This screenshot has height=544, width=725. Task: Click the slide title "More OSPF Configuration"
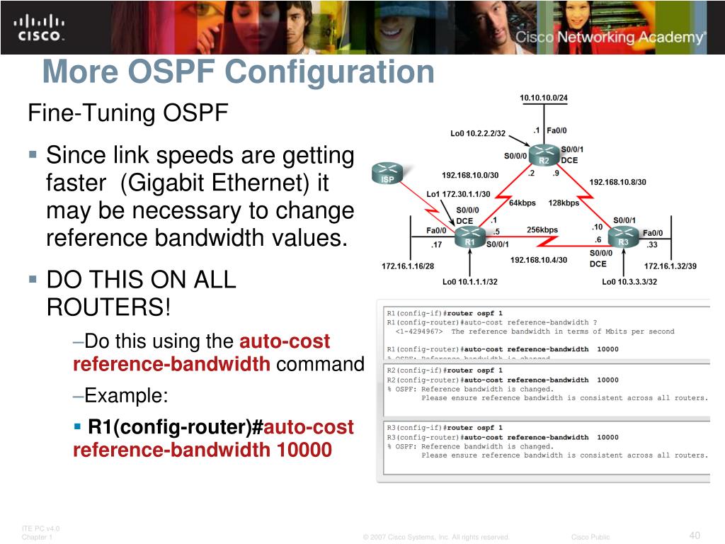pyautogui.click(x=238, y=72)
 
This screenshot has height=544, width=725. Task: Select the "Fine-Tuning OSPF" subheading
pyautogui.click(x=127, y=113)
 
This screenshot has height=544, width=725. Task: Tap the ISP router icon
pyautogui.click(x=387, y=174)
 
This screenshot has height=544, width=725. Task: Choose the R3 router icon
pyautogui.click(x=623, y=237)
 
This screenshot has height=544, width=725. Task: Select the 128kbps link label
pyautogui.click(x=564, y=203)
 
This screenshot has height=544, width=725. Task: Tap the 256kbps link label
pyautogui.click(x=542, y=230)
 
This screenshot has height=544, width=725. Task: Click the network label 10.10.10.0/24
pyautogui.click(x=544, y=98)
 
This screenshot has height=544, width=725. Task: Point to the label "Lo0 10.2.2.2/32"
pyautogui.click(x=478, y=133)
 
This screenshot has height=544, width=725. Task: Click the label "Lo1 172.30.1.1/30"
pyautogui.click(x=458, y=194)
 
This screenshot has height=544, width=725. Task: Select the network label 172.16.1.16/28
pyautogui.click(x=408, y=266)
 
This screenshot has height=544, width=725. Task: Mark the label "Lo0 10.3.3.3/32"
pyautogui.click(x=629, y=282)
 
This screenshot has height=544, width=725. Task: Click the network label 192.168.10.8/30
pyautogui.click(x=617, y=182)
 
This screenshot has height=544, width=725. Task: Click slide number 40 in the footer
pyautogui.click(x=695, y=534)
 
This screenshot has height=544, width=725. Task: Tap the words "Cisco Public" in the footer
pyautogui.click(x=590, y=537)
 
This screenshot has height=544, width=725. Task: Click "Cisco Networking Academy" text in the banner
pyautogui.click(x=610, y=38)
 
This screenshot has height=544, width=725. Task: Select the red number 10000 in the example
pyautogui.click(x=304, y=450)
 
